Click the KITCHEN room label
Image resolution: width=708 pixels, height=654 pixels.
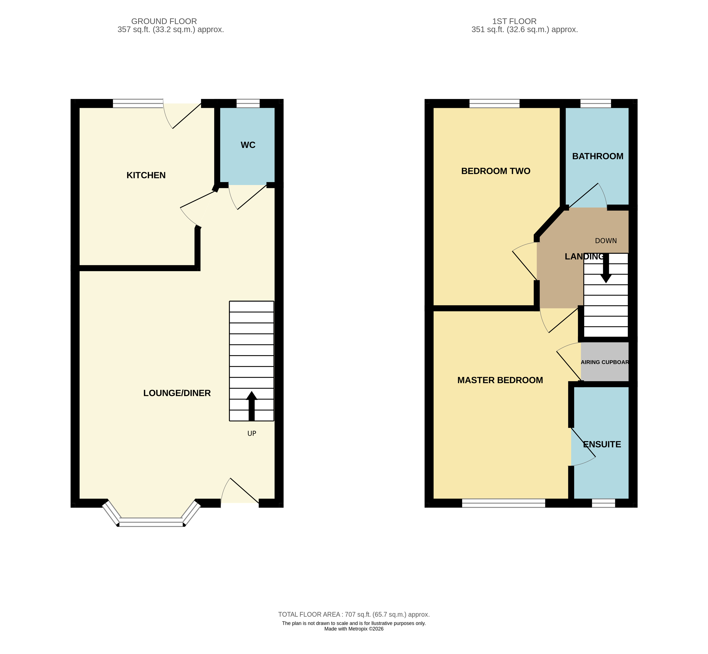pos(146,175)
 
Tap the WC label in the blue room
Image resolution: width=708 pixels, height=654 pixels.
pos(248,145)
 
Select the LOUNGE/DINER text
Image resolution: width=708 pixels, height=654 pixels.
pos(177,393)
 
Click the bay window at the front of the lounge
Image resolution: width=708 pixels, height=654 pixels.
pos(151,522)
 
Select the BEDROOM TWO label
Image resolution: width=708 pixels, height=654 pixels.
pos(496,171)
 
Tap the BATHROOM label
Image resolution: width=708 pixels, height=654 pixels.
pos(598,156)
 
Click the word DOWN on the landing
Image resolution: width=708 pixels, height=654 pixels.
pos(606,241)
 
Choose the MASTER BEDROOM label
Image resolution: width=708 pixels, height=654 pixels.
pos(500,380)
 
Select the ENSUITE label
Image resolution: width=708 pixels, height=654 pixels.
pos(602,444)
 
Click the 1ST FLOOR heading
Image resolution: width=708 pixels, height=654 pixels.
pos(514,21)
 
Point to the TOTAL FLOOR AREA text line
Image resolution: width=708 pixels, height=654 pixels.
pos(354,615)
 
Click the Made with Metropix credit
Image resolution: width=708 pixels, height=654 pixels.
pos(354,629)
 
